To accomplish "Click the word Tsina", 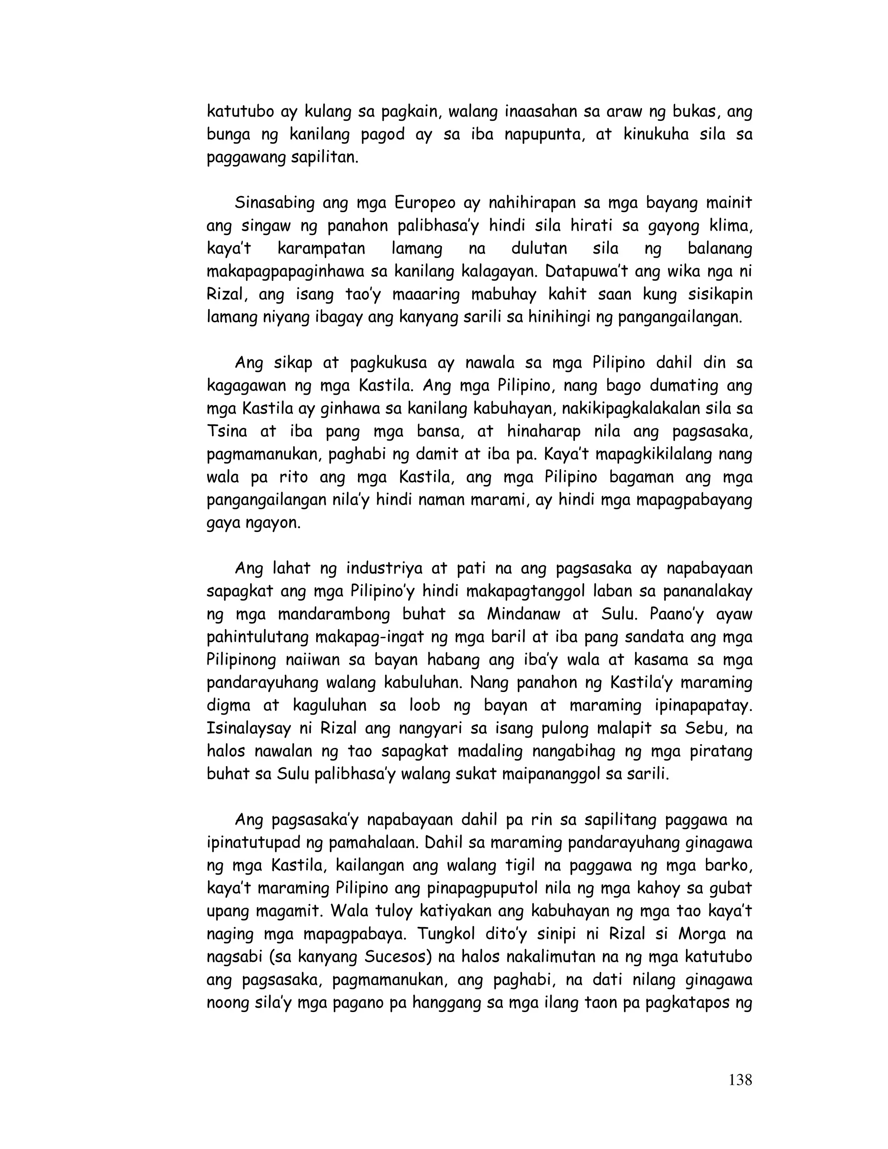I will [x=228, y=431].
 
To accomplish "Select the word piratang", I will [x=721, y=751].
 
